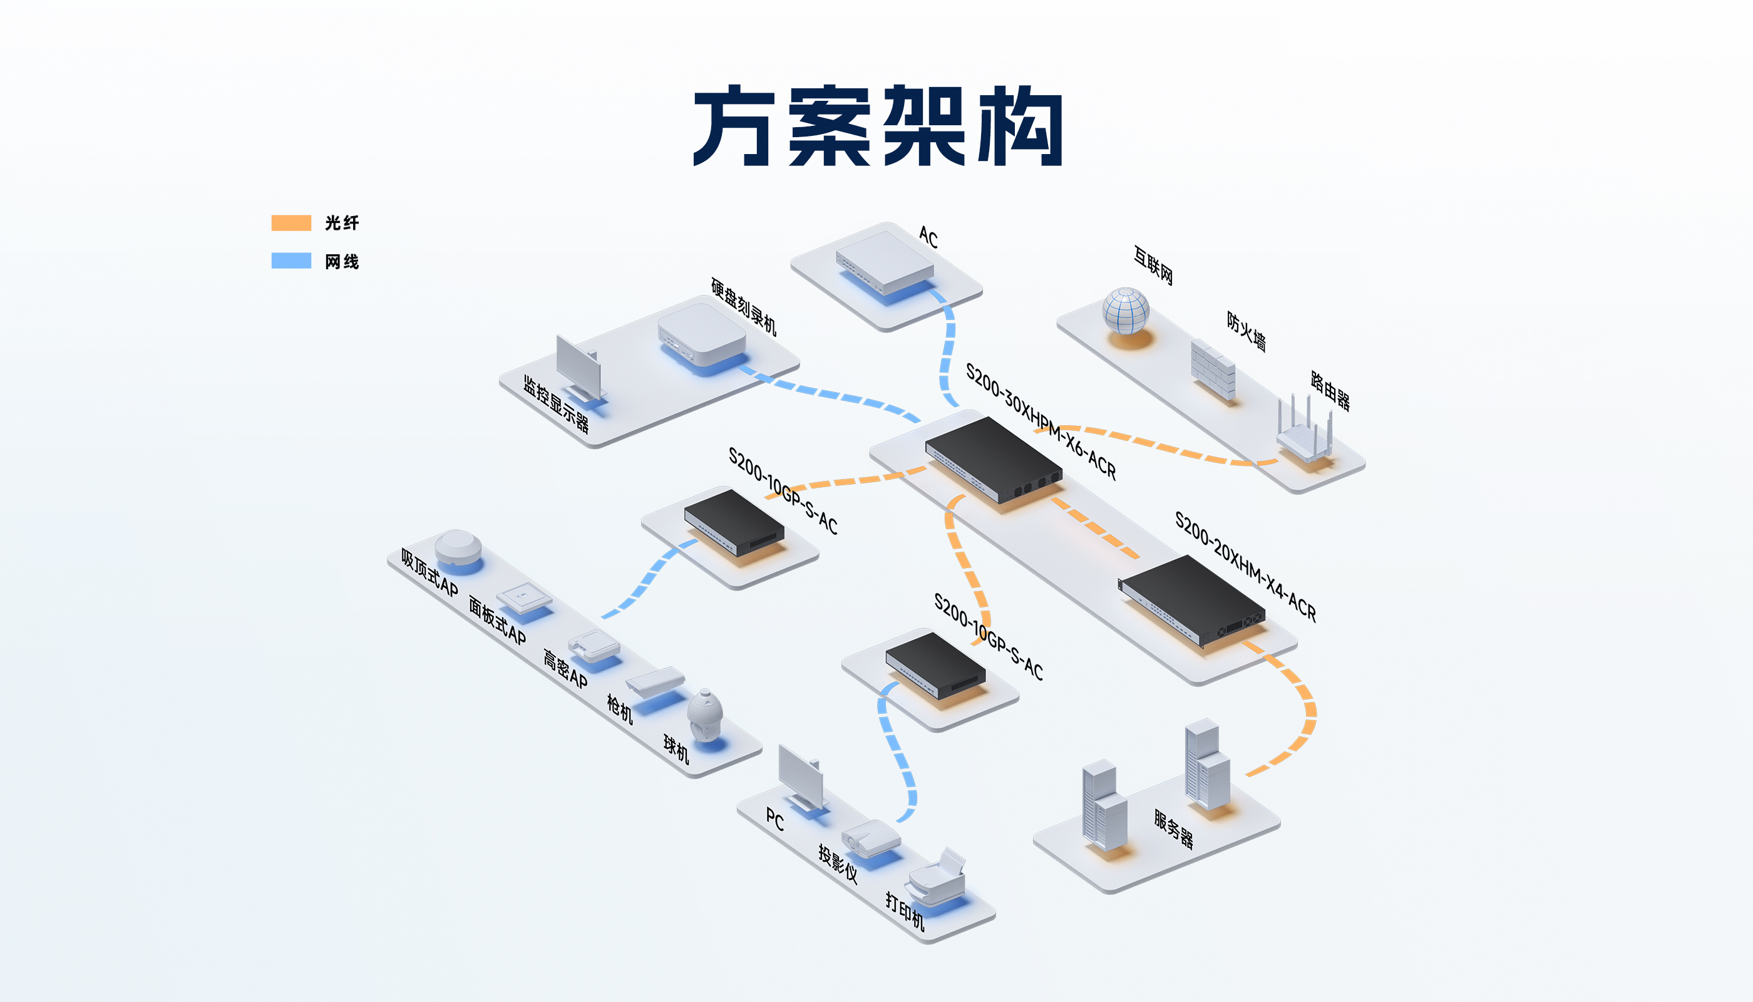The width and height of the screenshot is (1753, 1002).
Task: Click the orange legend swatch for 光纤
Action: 291,223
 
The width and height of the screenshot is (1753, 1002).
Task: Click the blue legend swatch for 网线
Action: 291,261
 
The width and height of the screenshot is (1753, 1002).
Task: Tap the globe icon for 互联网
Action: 1126,311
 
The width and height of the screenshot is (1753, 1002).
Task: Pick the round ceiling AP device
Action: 458,547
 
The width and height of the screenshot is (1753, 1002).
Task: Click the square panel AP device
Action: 524,597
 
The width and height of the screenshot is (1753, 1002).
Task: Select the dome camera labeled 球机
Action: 704,716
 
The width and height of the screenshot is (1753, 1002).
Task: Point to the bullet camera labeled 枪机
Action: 655,681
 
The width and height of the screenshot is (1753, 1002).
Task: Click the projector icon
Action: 871,837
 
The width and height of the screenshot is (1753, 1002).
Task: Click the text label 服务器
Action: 1174,829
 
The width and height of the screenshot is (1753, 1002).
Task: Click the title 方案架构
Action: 878,126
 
